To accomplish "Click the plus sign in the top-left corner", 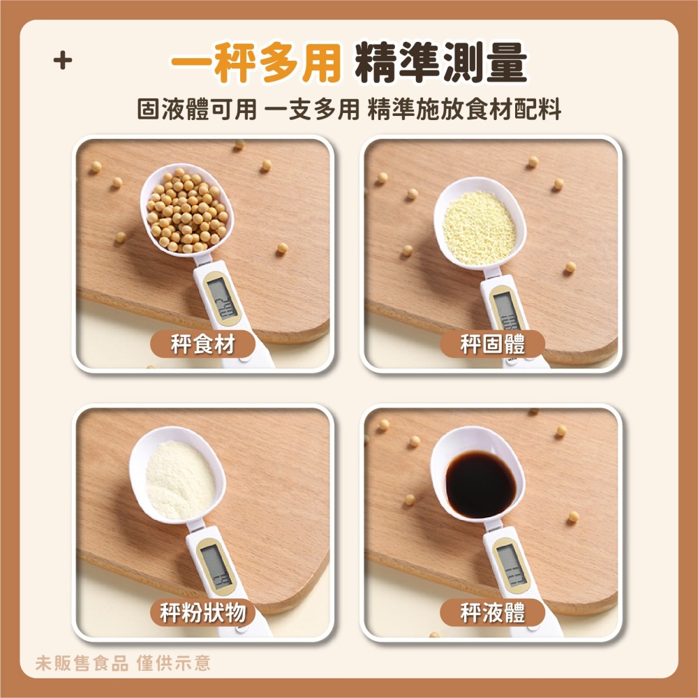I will [x=63, y=61].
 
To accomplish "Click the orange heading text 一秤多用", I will [x=256, y=65].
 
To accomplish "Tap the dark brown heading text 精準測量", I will [x=440, y=65].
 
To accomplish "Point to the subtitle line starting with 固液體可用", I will [x=349, y=110].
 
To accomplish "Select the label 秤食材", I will [x=202, y=344].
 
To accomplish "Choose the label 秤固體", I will [x=493, y=344].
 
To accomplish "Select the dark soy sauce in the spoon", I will [x=481, y=484].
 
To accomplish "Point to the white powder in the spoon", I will [x=179, y=480].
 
